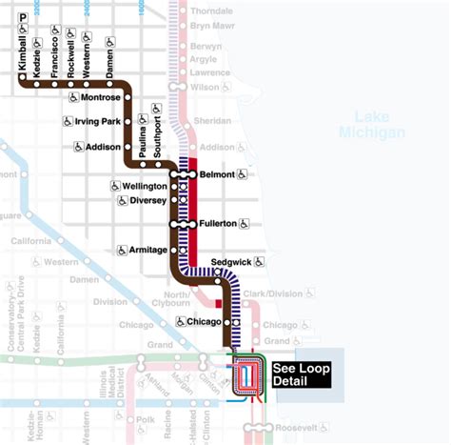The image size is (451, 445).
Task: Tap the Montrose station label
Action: (100, 97)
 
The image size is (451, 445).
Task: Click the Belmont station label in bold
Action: (217, 174)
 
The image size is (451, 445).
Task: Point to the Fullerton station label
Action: (220, 224)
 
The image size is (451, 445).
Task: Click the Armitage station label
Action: (149, 251)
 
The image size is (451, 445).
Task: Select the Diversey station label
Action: (148, 201)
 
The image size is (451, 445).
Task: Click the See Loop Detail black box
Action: (301, 374)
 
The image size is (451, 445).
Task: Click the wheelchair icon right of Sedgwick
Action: (259, 261)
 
